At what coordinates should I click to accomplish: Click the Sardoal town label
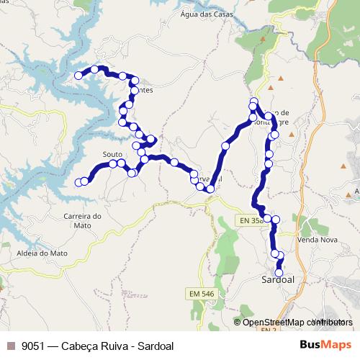coord(279,279)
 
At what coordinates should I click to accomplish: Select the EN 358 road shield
coord(251,221)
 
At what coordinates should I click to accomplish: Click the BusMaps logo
coord(326,345)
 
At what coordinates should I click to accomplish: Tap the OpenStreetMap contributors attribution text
coord(297,322)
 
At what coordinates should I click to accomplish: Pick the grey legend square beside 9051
coord(10,346)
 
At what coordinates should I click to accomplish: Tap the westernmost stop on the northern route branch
coord(78,75)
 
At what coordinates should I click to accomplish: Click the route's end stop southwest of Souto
coord(79,182)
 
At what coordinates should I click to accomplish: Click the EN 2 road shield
coord(268,330)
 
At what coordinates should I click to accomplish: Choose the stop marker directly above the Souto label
coord(113,164)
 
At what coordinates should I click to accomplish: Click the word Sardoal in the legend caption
coord(153,346)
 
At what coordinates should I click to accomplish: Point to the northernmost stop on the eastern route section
coord(253,102)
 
